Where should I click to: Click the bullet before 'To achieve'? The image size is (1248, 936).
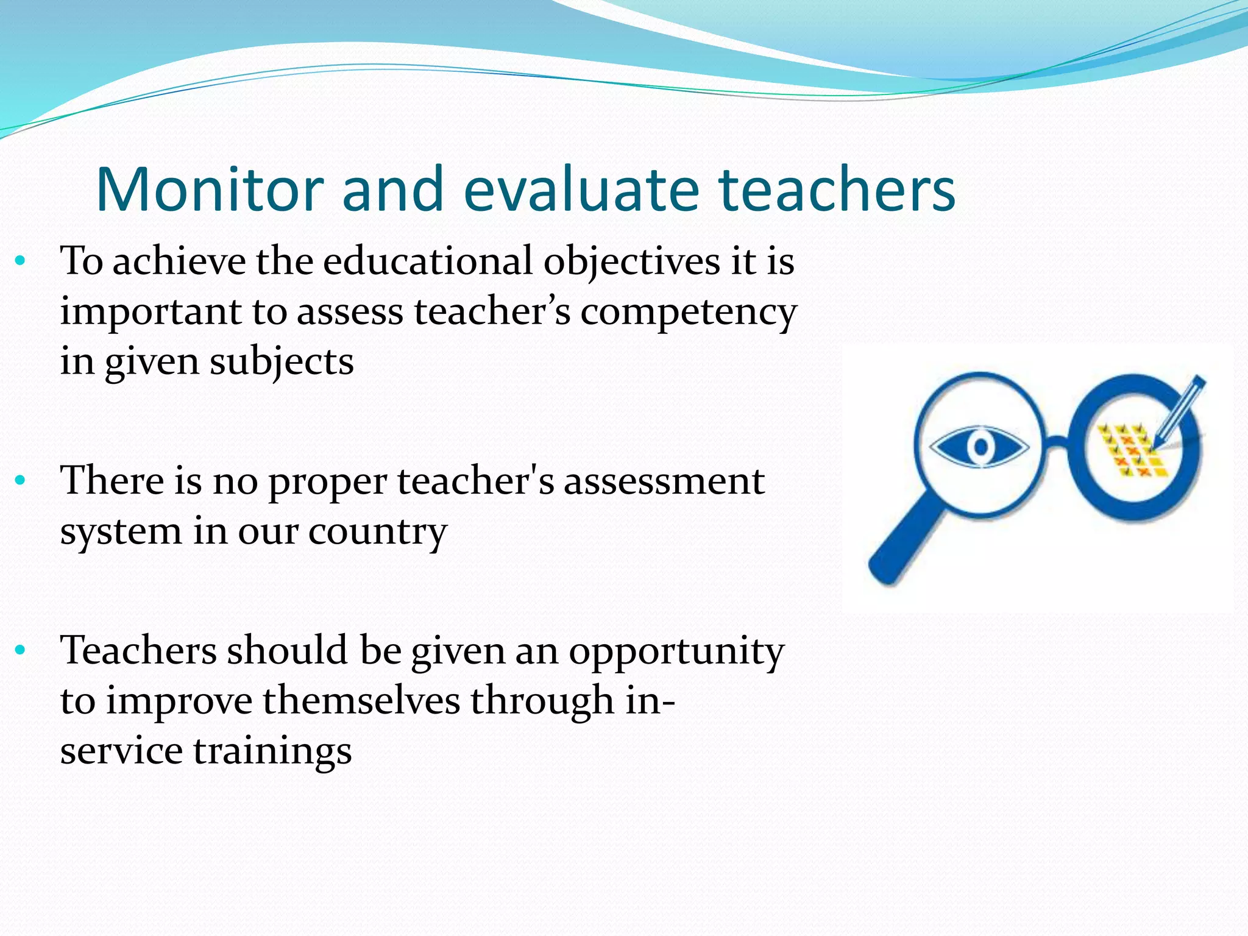[21, 261]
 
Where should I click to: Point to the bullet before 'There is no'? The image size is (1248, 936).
[21, 481]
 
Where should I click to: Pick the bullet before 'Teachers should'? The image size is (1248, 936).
[21, 650]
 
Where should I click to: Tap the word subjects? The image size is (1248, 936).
[282, 362]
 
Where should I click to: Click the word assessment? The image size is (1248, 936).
[664, 481]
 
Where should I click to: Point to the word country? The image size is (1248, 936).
[377, 532]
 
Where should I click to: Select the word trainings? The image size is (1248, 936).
[272, 751]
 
